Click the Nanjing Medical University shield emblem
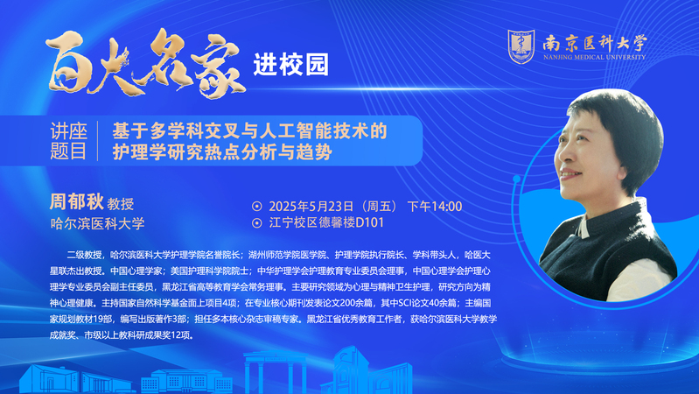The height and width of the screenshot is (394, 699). (521, 46)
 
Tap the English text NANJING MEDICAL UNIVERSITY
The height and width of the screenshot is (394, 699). (594, 57)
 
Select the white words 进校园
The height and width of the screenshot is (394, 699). (291, 65)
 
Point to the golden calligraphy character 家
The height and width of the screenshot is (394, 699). (219, 66)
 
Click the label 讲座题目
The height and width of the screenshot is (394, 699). (68, 141)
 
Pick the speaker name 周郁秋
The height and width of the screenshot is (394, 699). (77, 201)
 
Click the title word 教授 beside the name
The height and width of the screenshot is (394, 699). (121, 204)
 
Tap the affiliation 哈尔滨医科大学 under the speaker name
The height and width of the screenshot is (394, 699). (97, 223)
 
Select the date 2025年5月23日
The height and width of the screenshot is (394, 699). (311, 206)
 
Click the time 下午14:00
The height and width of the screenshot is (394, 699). (435, 206)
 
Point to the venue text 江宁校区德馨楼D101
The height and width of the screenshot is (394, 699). (326, 222)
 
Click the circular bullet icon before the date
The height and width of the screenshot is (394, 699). (257, 206)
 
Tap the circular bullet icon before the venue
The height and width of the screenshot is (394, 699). (257, 222)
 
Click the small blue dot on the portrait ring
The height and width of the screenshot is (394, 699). (517, 179)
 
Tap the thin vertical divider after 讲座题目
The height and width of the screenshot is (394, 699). (98, 141)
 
